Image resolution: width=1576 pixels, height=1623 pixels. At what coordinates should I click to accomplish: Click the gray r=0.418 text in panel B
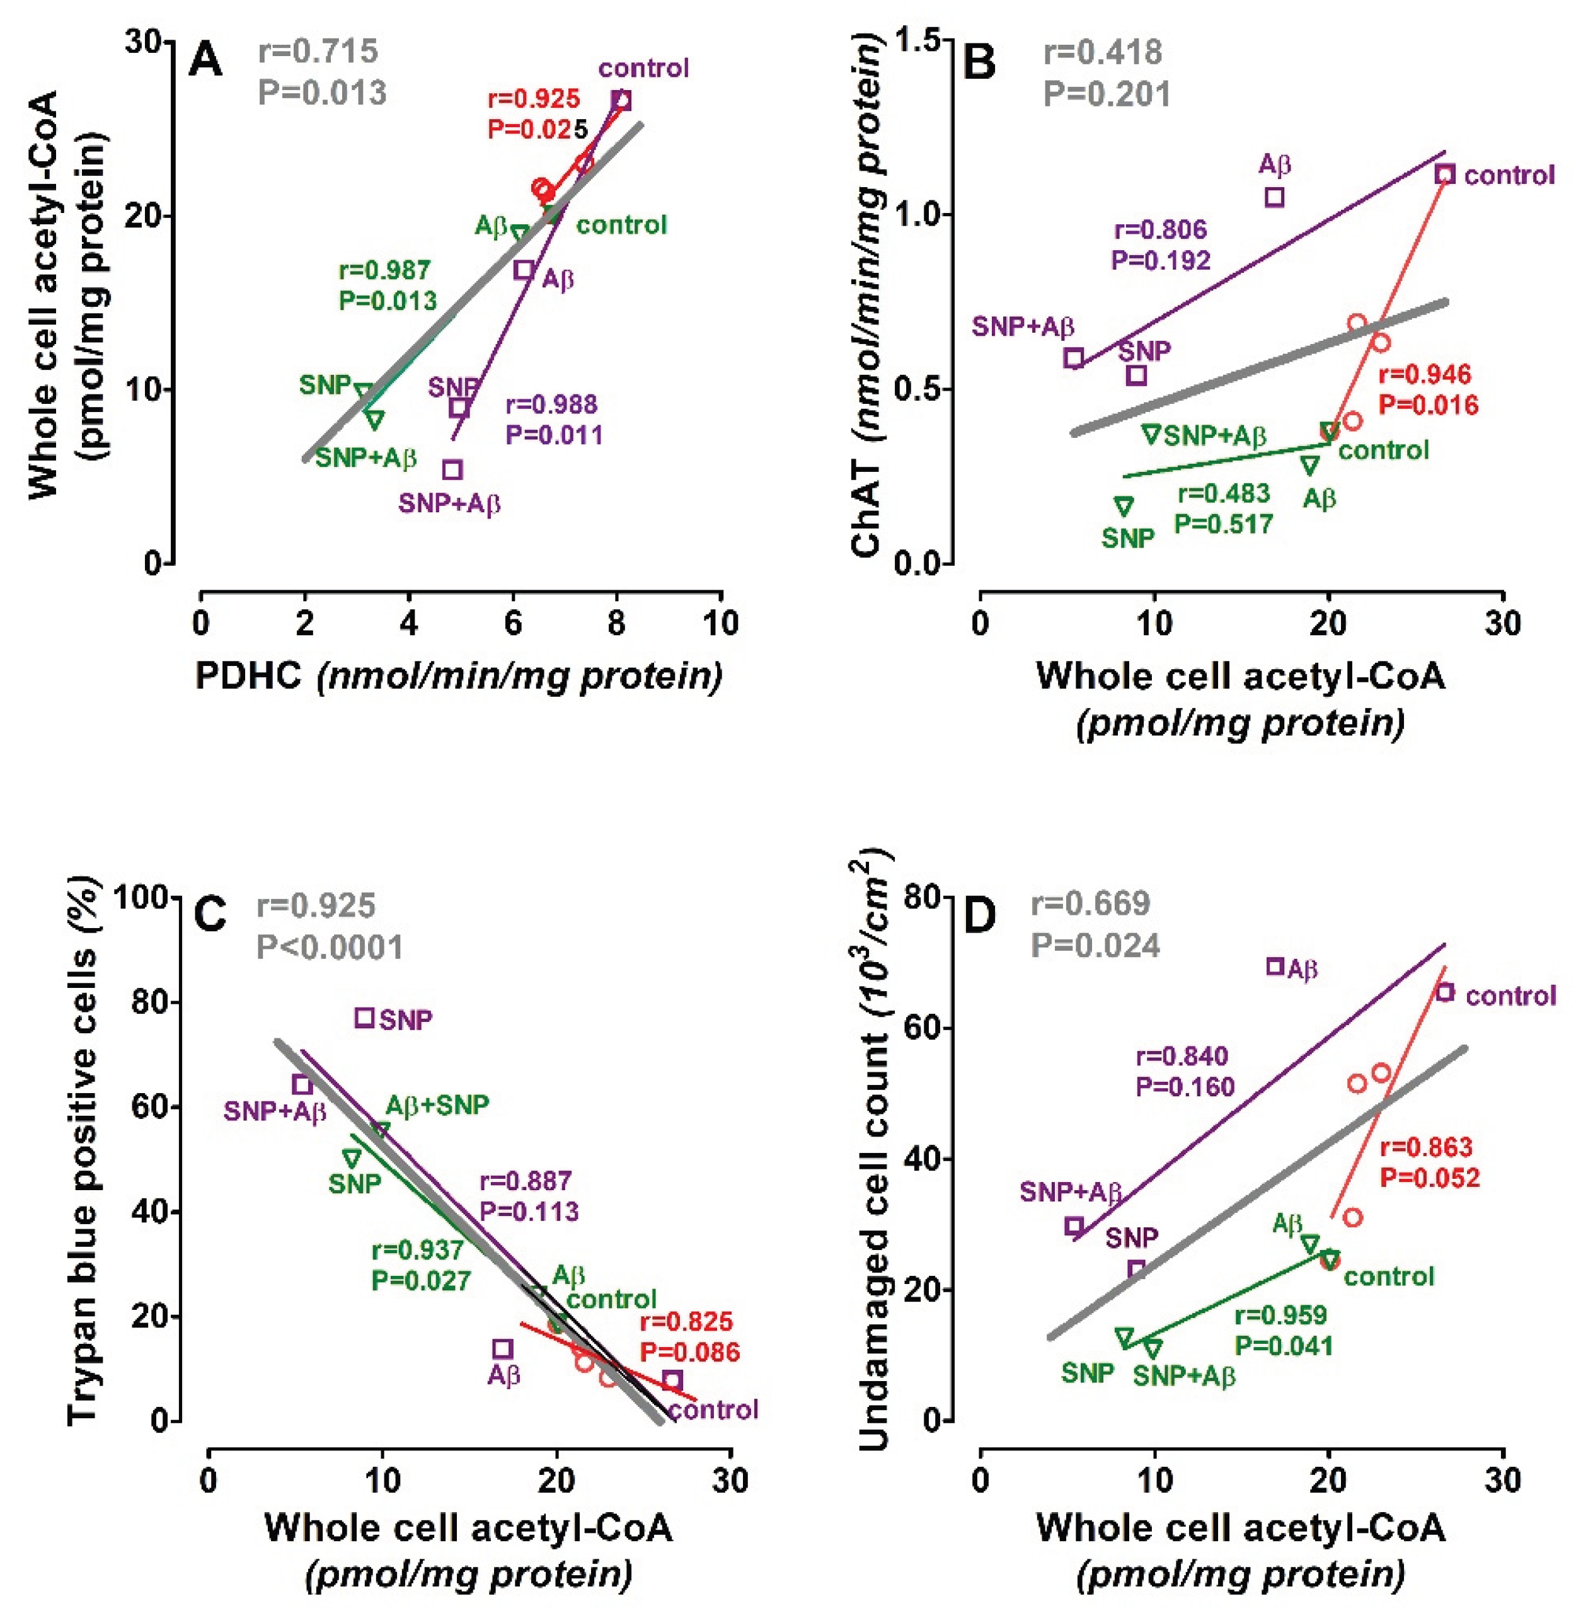pyautogui.click(x=1102, y=52)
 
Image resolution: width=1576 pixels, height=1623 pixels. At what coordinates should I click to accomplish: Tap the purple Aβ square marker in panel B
pyautogui.click(x=1275, y=197)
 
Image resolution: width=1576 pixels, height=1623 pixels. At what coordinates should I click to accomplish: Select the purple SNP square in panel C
pyautogui.click(x=364, y=1018)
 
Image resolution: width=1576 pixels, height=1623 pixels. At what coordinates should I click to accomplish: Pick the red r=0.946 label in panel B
pyautogui.click(x=1424, y=374)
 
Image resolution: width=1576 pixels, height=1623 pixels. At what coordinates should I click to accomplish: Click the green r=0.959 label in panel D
pyautogui.click(x=1280, y=1315)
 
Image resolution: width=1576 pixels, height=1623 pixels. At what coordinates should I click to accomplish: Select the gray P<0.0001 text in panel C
pyautogui.click(x=330, y=946)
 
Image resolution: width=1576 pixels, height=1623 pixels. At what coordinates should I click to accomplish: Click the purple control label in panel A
pyautogui.click(x=643, y=68)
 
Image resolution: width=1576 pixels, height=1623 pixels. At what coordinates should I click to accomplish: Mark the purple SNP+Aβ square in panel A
pyautogui.click(x=452, y=469)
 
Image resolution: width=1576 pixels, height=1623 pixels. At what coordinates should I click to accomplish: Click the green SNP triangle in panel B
pyautogui.click(x=1124, y=505)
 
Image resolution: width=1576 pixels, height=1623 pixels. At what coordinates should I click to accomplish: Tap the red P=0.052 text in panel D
pyautogui.click(x=1429, y=1178)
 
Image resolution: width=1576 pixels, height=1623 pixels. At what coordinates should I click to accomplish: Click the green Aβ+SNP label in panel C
pyautogui.click(x=437, y=1104)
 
